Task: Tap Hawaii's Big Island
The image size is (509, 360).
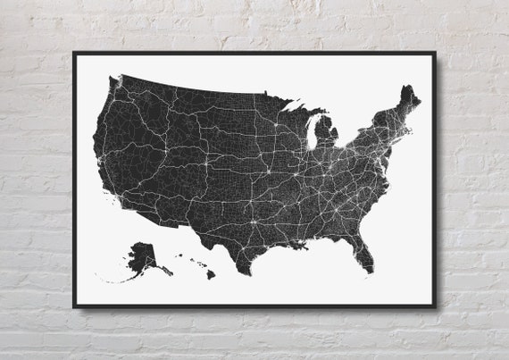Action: tap(211, 274)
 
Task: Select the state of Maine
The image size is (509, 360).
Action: tap(407, 99)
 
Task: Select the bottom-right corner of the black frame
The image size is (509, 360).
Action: tap(435, 306)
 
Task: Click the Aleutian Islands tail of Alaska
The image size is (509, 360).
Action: tap(112, 280)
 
